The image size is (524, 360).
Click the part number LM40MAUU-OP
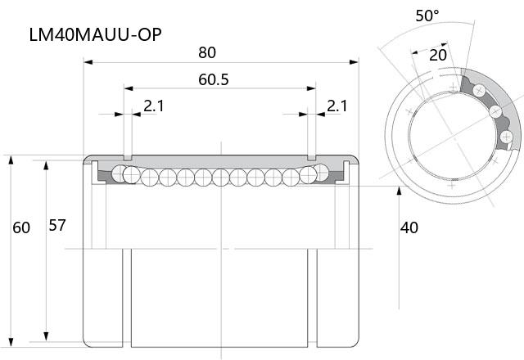pyautogui.click(x=96, y=34)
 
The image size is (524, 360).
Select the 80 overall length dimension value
pyautogui.click(x=207, y=52)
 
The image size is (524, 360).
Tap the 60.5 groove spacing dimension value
pyautogui.click(x=214, y=80)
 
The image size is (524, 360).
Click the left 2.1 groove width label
pyautogui.click(x=154, y=106)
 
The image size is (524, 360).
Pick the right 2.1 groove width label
pyautogui.click(x=337, y=106)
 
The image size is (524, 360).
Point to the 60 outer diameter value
pyautogui.click(x=21, y=227)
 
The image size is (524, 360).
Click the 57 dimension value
pyautogui.click(x=57, y=226)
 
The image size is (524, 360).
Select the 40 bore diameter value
pyautogui.click(x=409, y=227)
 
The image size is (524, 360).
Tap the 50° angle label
pyautogui.click(x=427, y=16)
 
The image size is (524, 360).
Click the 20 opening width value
pyautogui.click(x=438, y=56)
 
